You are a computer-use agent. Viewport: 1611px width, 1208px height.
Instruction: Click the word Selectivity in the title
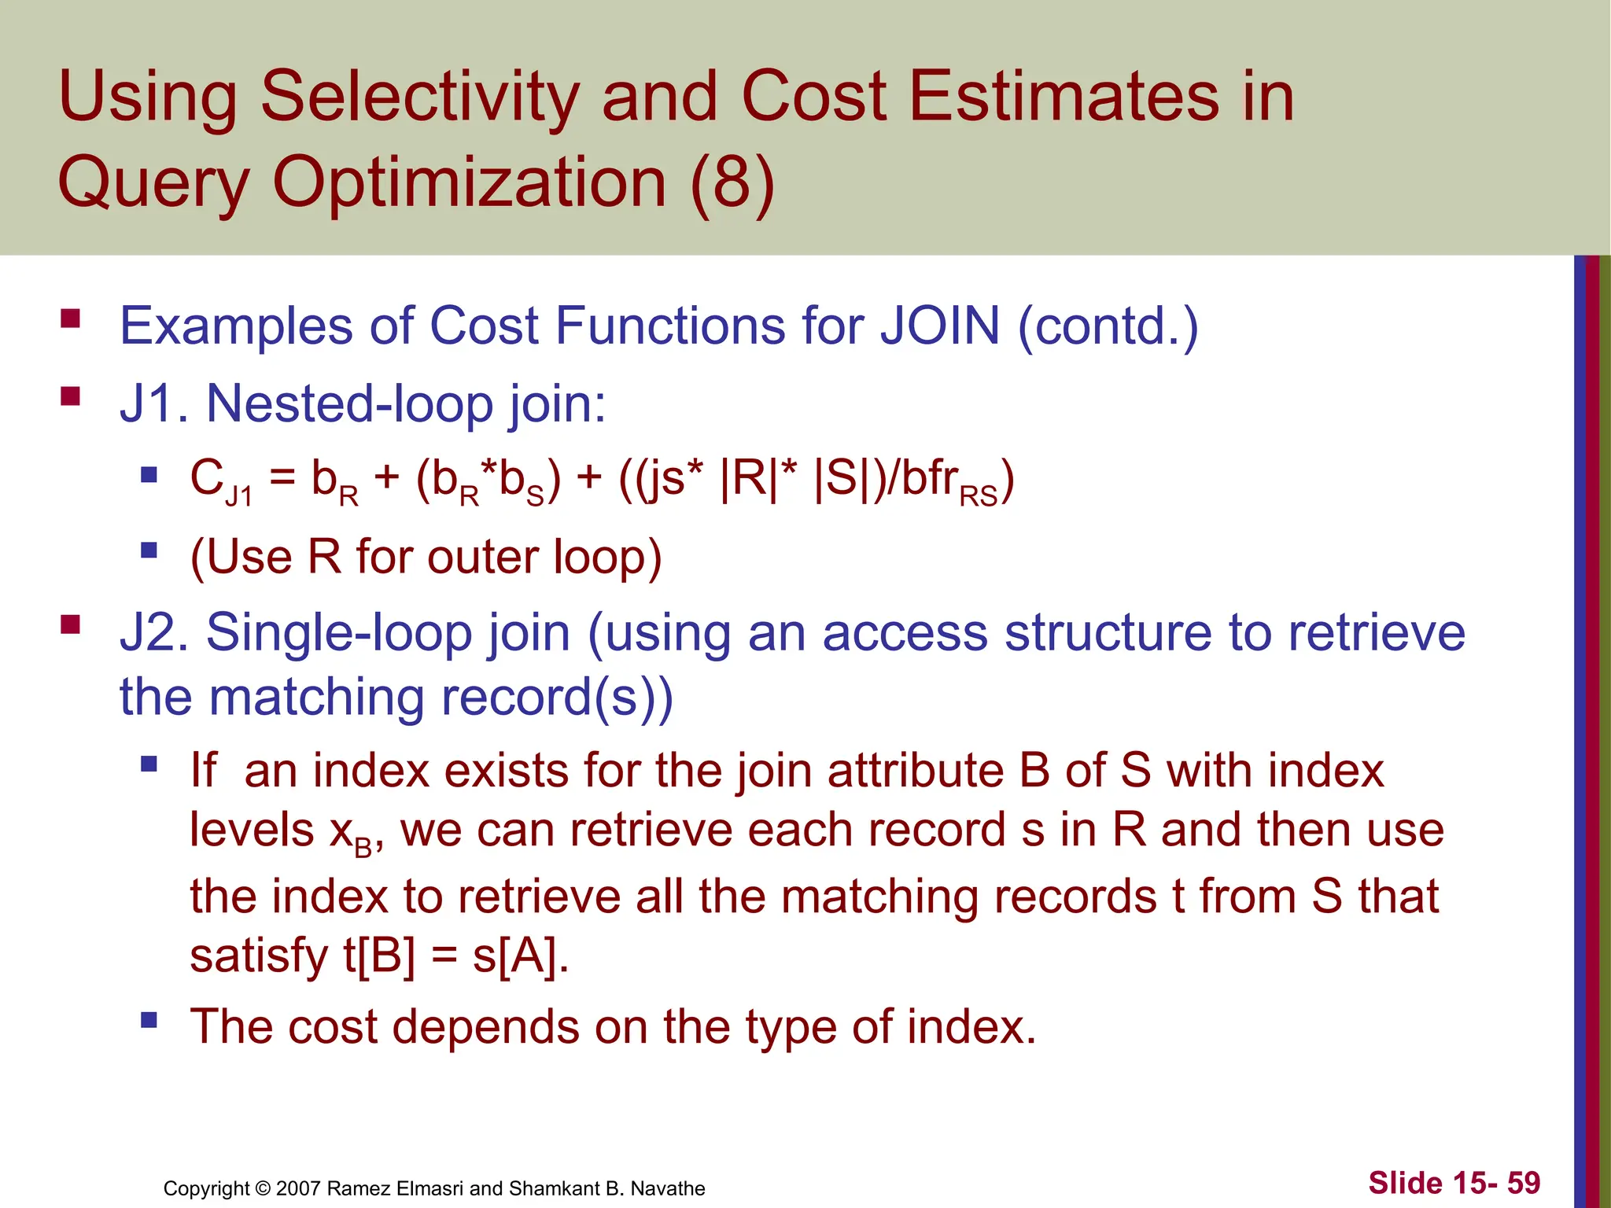pyautogui.click(x=419, y=98)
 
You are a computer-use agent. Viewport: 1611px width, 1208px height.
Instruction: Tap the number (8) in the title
pyautogui.click(x=732, y=183)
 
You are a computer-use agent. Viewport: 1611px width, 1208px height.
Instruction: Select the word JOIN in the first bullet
pyautogui.click(x=939, y=326)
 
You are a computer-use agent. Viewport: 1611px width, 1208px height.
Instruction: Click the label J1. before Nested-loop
pyautogui.click(x=154, y=403)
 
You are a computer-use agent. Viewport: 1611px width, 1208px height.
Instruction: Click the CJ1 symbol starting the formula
pyautogui.click(x=219, y=481)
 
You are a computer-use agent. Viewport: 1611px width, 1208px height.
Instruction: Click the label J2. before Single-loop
pyautogui.click(x=154, y=632)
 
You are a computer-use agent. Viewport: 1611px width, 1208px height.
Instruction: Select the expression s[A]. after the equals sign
pyautogui.click(x=520, y=956)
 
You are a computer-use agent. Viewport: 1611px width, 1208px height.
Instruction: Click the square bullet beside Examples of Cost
pyautogui.click(x=71, y=319)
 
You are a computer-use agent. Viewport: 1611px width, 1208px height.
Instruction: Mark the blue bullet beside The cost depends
pyautogui.click(x=149, y=1020)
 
